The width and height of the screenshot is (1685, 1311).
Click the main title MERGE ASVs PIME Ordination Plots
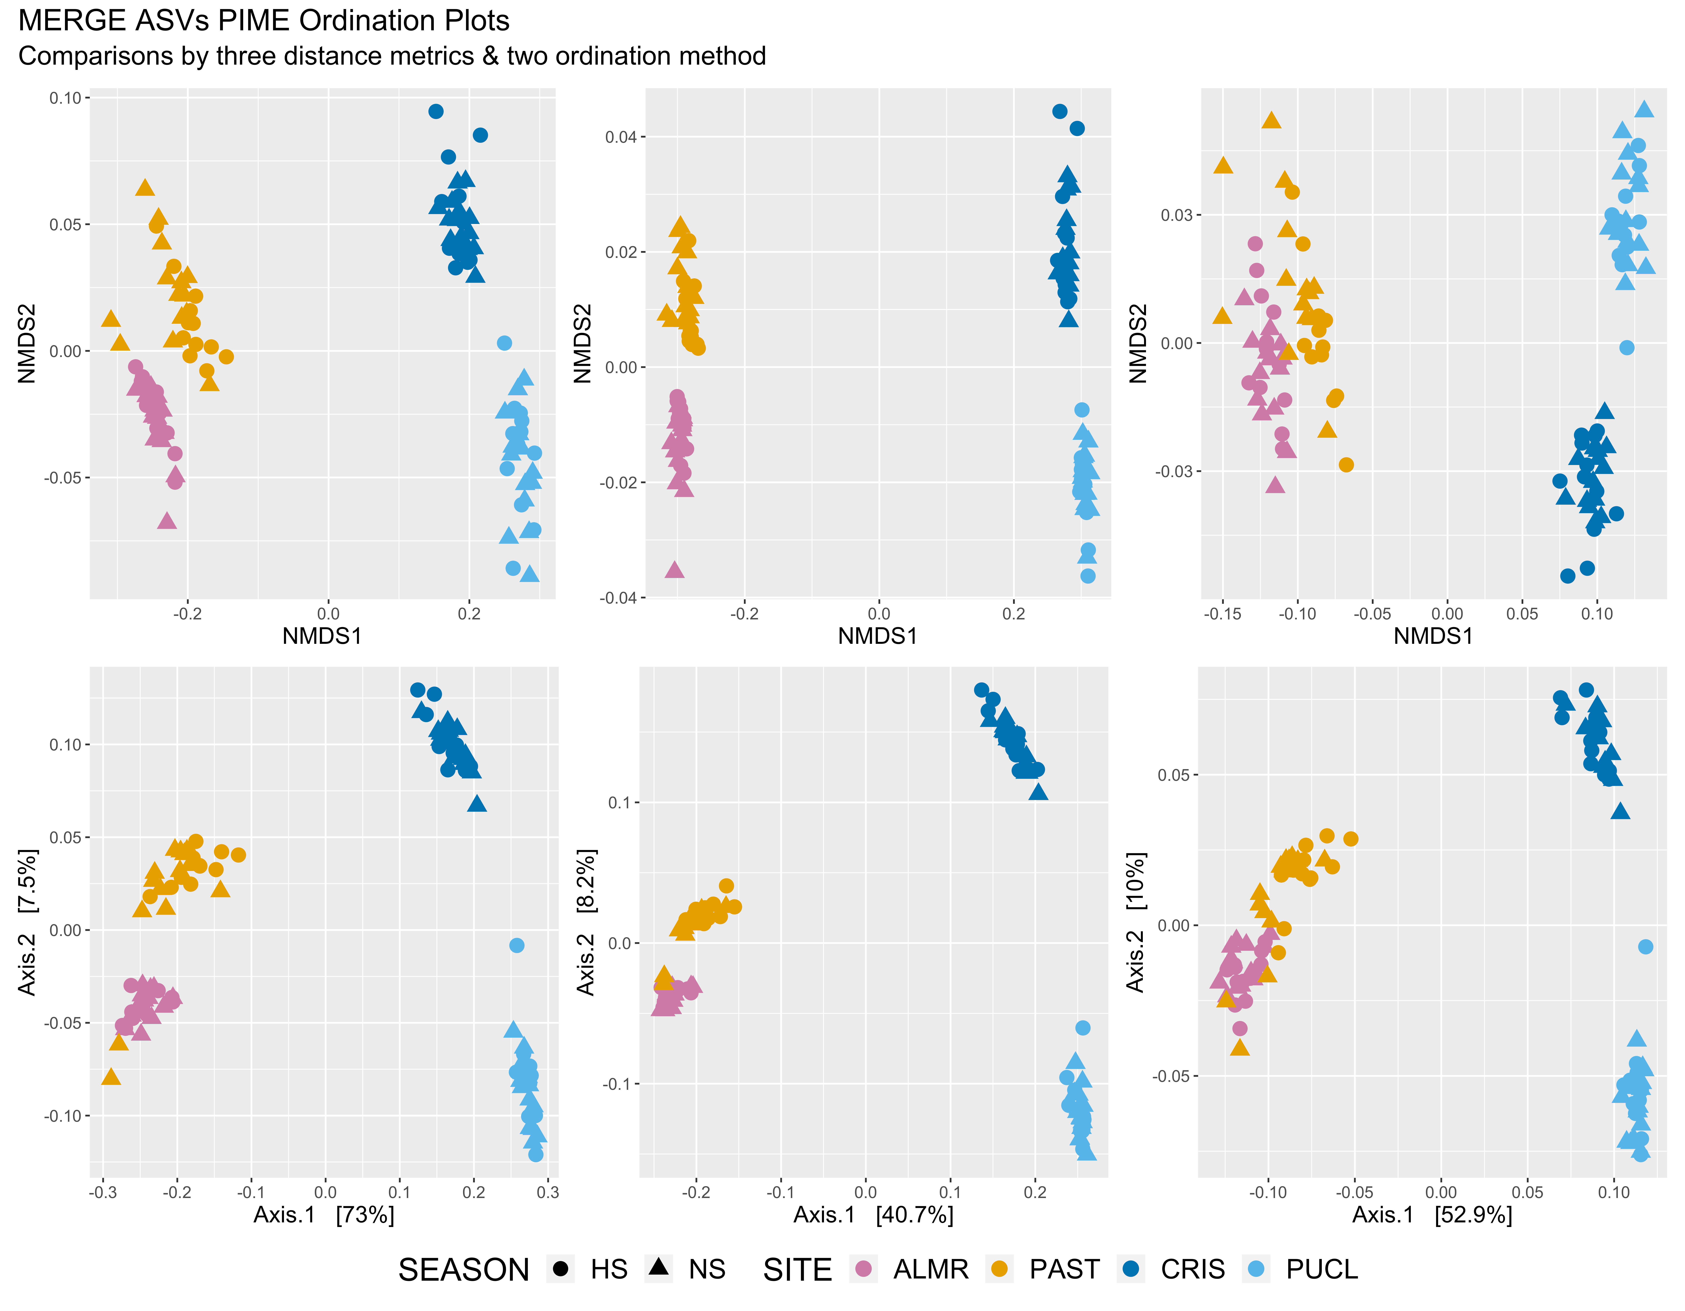[264, 21]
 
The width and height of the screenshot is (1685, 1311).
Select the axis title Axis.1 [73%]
[324, 1214]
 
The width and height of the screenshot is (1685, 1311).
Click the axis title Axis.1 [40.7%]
[873, 1214]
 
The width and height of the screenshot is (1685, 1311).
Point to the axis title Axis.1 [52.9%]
[1432, 1214]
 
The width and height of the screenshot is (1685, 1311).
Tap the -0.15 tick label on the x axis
[1223, 614]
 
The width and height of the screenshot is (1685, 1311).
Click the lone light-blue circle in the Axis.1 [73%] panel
[517, 945]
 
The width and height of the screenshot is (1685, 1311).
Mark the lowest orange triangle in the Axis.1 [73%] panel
[111, 1077]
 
